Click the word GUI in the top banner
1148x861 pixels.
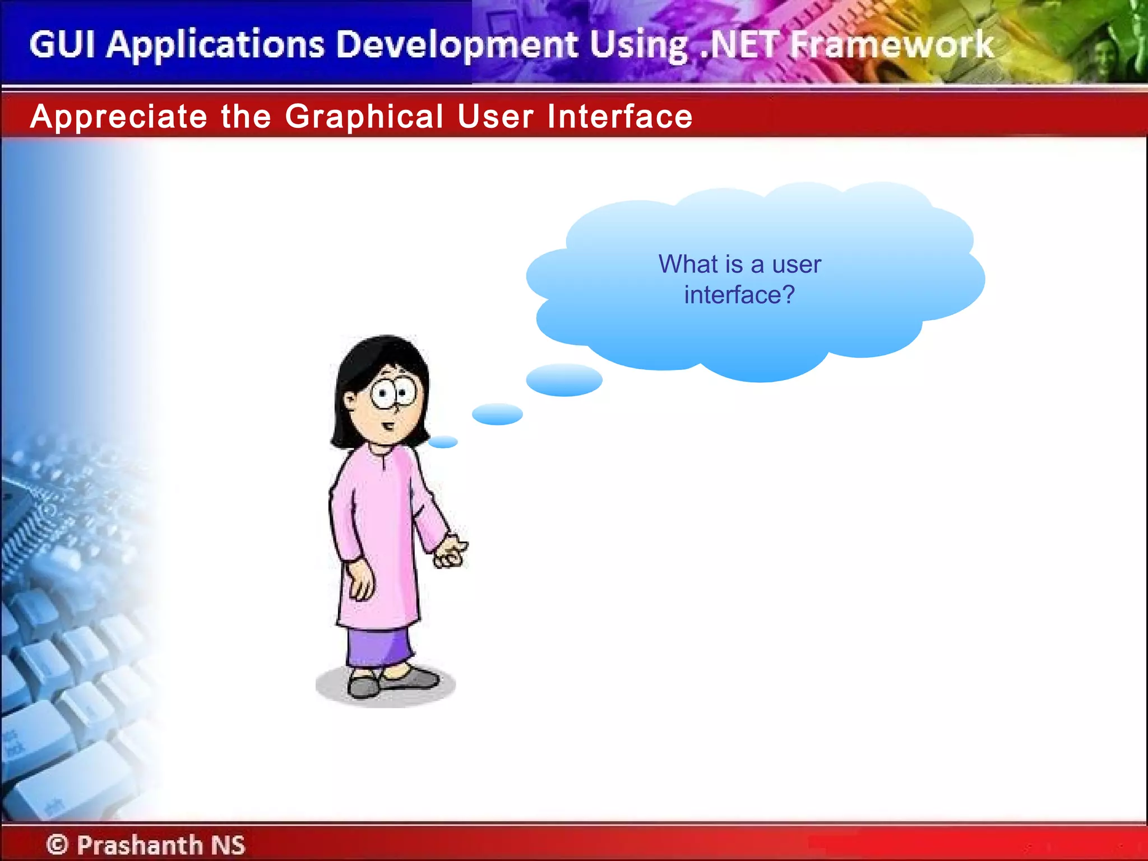[62, 45]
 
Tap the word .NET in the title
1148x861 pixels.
[740, 45]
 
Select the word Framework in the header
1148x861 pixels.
[891, 45]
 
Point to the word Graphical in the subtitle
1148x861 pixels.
[364, 117]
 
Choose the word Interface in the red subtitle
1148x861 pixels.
[619, 117]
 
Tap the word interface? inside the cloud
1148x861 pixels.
[739, 295]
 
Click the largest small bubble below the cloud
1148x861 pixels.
[564, 380]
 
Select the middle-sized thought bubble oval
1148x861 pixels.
[497, 414]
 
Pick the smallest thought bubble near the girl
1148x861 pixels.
[443, 442]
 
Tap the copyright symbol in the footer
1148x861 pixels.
[57, 844]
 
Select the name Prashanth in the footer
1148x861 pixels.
[140, 844]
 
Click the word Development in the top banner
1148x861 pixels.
[457, 45]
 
